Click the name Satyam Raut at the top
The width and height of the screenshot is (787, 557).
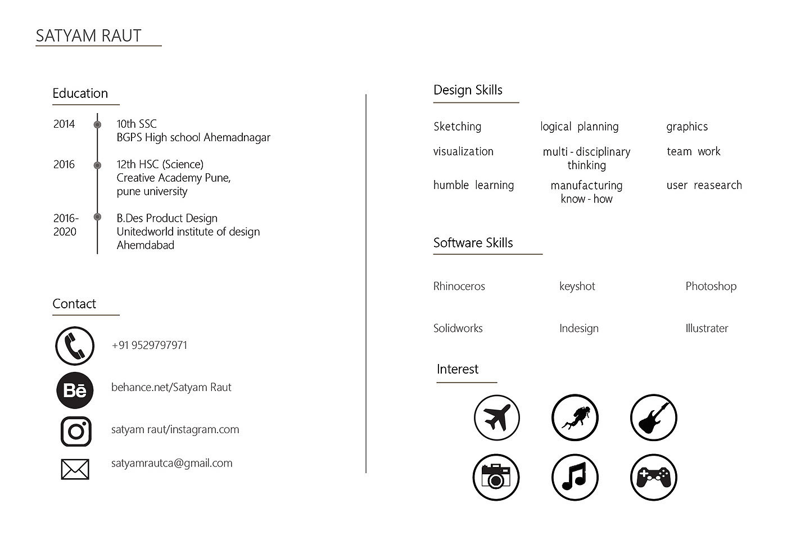coord(88,35)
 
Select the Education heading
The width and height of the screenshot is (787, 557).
coord(80,93)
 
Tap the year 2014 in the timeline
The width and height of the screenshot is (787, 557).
coord(64,124)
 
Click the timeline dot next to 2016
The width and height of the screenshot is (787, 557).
coord(97,165)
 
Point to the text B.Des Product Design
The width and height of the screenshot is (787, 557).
coord(167,218)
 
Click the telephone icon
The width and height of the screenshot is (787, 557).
coord(75,346)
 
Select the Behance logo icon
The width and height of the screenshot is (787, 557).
coord(75,390)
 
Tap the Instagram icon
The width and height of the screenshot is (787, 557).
coord(76,432)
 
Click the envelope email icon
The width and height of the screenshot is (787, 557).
coord(75,469)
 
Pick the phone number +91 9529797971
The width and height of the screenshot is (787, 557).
coord(150,345)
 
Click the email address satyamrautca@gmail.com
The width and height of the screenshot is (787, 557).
coord(171,463)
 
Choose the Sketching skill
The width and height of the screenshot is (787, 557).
coord(457,127)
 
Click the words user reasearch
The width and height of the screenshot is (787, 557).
coord(704,185)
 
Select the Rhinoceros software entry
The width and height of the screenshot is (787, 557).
coord(459,286)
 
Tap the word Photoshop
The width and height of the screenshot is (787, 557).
coord(711,286)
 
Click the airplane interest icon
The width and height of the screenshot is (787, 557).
coord(496,417)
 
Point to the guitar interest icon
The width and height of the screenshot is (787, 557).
coord(653,417)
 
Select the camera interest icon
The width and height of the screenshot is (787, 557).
coord(496,478)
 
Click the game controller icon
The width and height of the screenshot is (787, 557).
coord(653,478)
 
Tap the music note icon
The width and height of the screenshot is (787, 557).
coord(575,478)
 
